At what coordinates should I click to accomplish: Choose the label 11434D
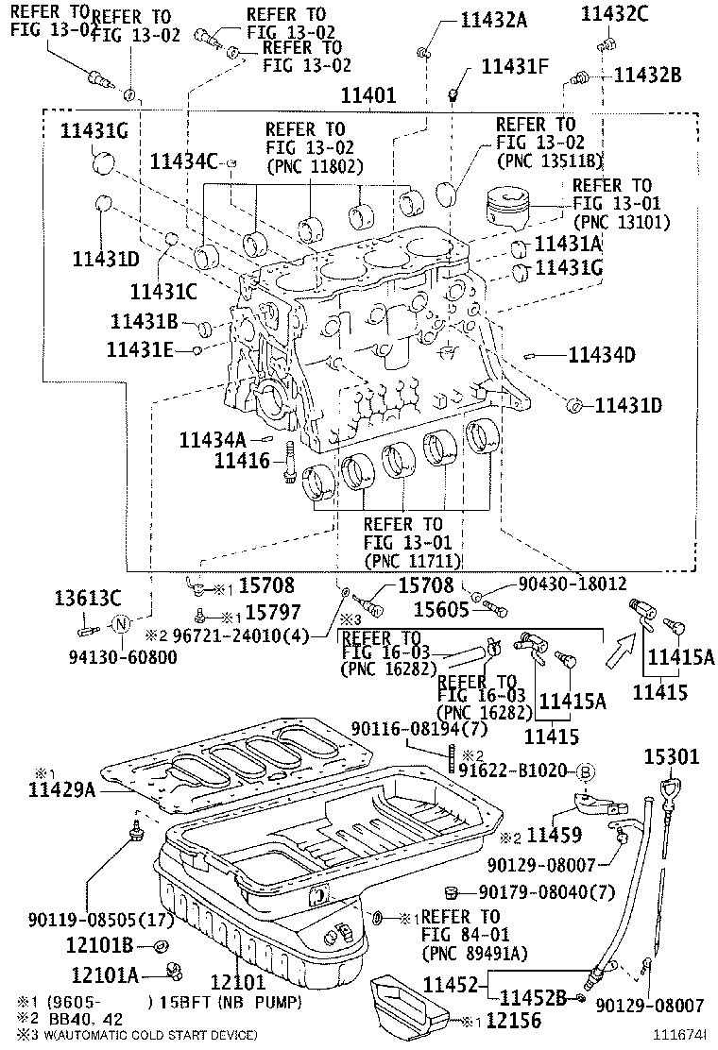click(601, 355)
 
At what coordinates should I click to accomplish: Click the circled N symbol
click(121, 624)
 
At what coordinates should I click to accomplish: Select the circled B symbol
click(584, 771)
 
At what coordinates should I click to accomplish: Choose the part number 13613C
click(87, 597)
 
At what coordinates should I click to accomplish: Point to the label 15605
click(442, 610)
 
